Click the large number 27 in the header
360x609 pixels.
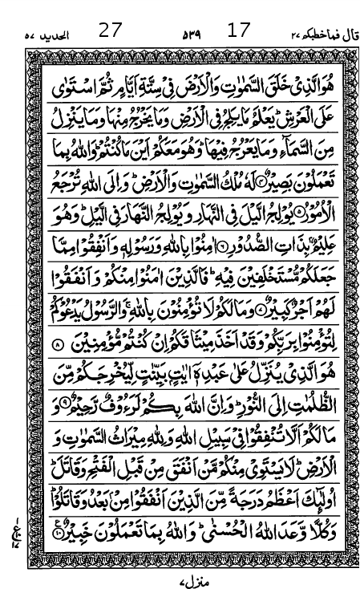click(x=110, y=31)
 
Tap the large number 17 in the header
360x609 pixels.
click(x=239, y=31)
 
